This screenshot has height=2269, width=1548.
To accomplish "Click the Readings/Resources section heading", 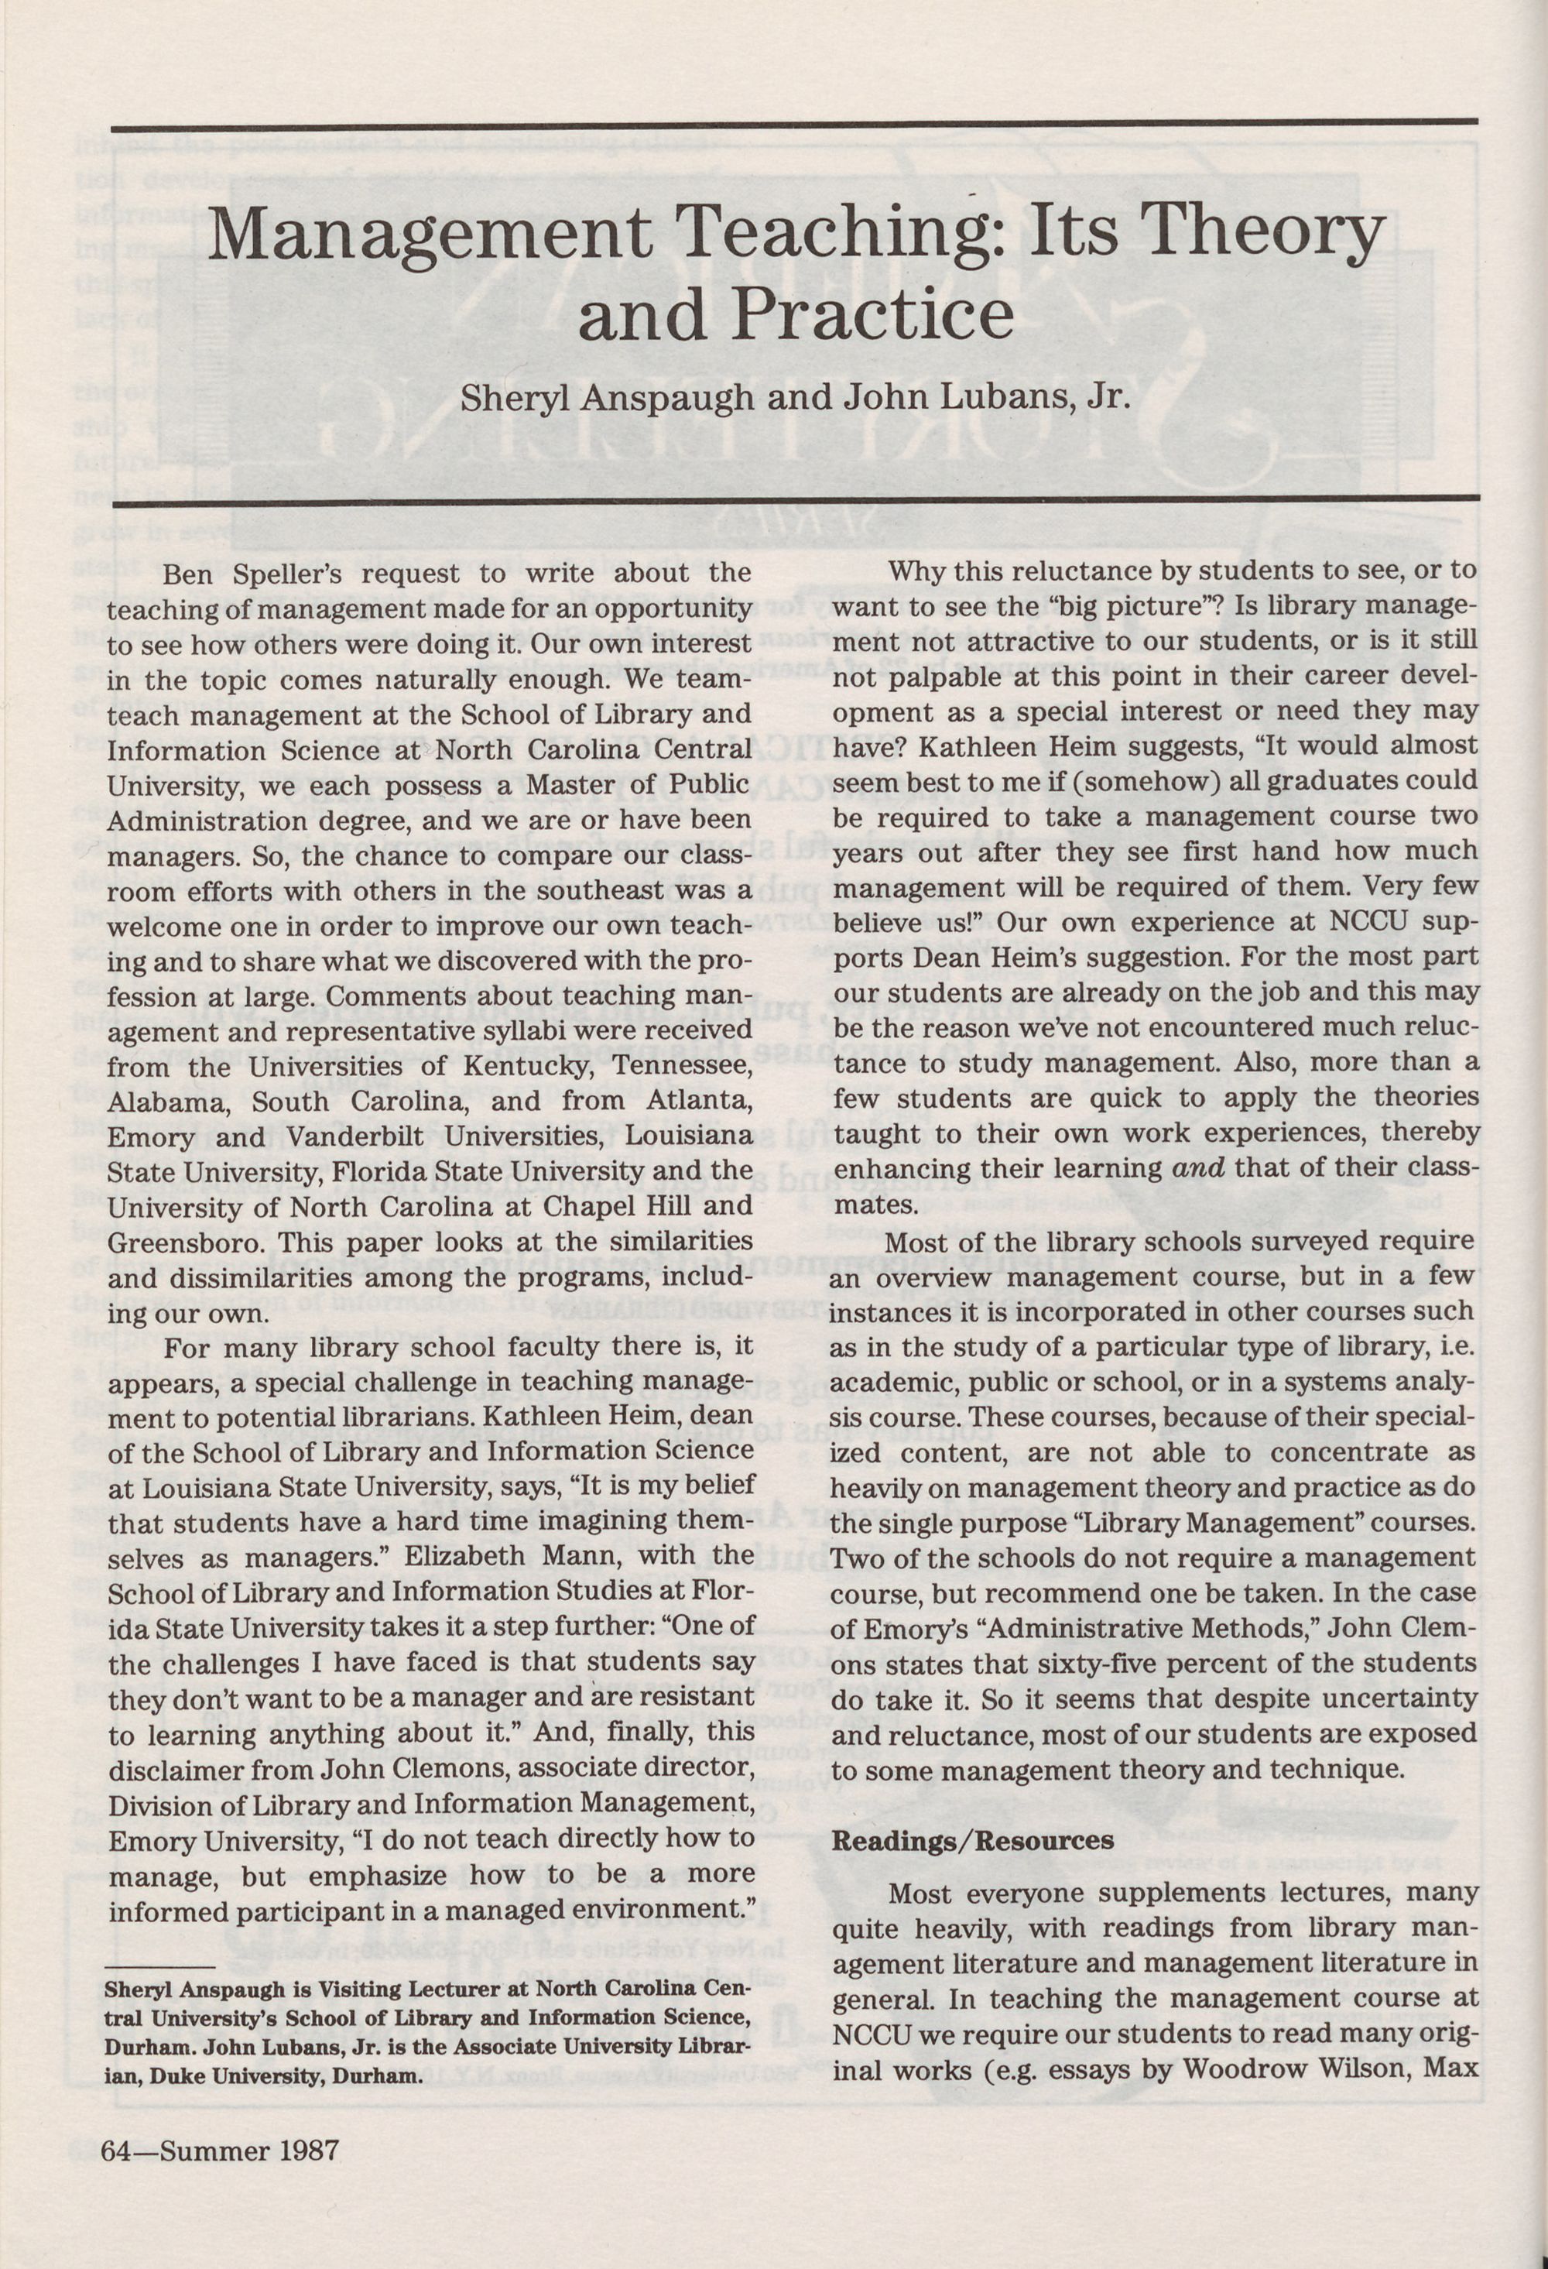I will click(x=972, y=1840).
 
